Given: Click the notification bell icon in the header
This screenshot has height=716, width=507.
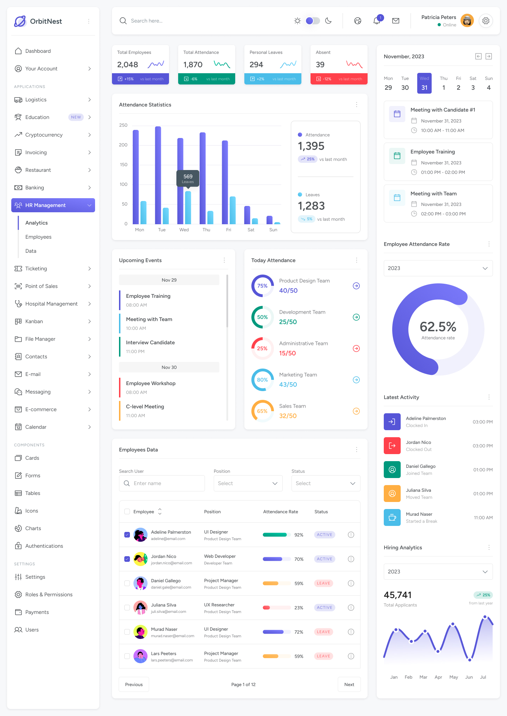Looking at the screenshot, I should [x=377, y=21].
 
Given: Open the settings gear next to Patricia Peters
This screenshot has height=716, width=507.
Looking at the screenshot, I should [x=486, y=21].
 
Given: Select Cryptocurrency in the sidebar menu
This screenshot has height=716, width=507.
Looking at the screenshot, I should [x=44, y=135].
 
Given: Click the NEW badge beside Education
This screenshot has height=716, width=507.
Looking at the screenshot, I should [x=76, y=117].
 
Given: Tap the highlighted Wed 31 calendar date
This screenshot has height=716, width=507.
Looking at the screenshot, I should [x=424, y=83].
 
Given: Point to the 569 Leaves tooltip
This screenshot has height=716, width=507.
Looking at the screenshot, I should [x=188, y=178].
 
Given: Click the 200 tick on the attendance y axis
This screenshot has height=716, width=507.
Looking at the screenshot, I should [x=123, y=145].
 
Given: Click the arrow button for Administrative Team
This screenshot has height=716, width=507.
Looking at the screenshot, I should [x=356, y=348].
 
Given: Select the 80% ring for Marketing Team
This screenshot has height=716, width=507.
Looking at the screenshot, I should [x=262, y=380].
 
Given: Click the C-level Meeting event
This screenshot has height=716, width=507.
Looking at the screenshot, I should [x=145, y=407].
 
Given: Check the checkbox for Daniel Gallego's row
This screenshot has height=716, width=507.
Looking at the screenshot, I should [x=127, y=583].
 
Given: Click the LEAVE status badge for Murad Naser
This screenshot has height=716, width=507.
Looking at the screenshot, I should [x=324, y=632].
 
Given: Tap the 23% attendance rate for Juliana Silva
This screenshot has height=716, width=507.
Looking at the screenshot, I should [x=299, y=608].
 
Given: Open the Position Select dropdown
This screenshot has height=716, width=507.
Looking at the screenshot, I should [x=248, y=483].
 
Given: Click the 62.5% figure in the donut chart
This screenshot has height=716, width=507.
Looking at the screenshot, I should [x=438, y=327].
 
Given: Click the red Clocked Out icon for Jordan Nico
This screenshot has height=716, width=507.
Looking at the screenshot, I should [x=392, y=446].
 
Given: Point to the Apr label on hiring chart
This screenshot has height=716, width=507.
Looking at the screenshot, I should [x=438, y=677].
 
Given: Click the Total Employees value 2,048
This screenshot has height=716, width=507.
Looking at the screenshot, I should [x=127, y=65].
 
